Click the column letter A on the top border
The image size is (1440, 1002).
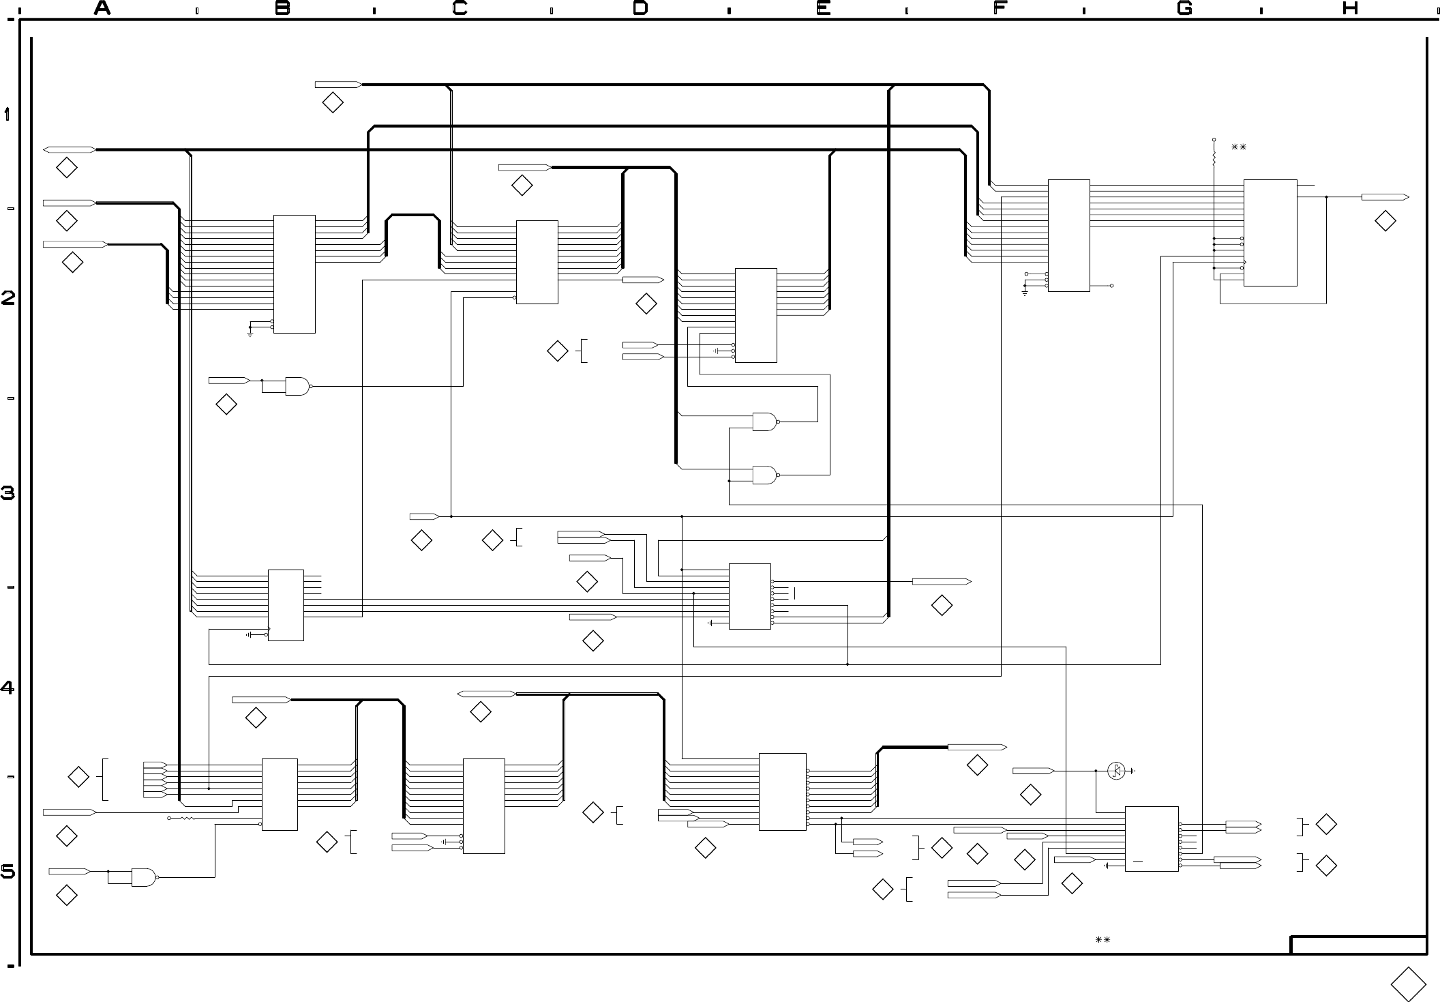(102, 8)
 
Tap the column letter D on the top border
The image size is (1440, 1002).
(640, 8)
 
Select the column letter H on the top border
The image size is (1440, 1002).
(1350, 8)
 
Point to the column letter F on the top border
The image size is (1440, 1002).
(1000, 8)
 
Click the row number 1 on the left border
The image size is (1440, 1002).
(7, 114)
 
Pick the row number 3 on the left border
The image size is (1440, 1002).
(7, 492)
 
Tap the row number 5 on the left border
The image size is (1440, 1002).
(7, 872)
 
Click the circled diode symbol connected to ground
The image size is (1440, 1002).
(1116, 771)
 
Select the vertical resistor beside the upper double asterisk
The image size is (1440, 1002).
(1214, 157)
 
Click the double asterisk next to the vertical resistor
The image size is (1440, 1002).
(1239, 147)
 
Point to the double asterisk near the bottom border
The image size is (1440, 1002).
(1102, 940)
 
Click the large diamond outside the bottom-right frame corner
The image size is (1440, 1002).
(1408, 984)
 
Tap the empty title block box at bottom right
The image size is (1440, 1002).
(1359, 945)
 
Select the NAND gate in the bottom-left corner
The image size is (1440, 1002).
(144, 877)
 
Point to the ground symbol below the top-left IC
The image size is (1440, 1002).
(250, 334)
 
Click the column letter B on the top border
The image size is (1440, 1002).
(282, 8)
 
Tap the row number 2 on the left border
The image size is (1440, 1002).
(7, 298)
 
